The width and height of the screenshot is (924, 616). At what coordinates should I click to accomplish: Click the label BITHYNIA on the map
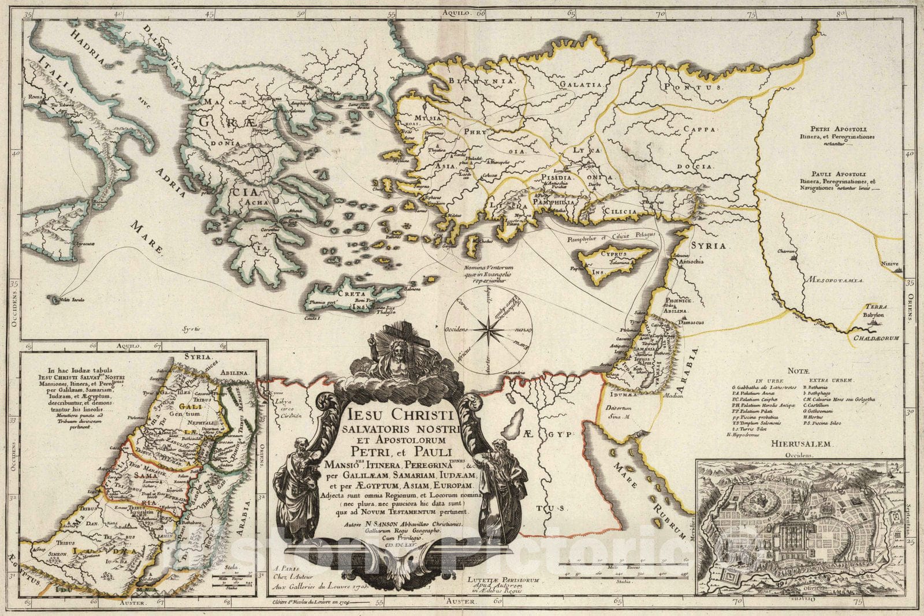click(x=490, y=81)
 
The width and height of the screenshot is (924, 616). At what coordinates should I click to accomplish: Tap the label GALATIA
click(x=581, y=84)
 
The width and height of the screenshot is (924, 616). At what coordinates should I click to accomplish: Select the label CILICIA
click(x=620, y=211)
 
